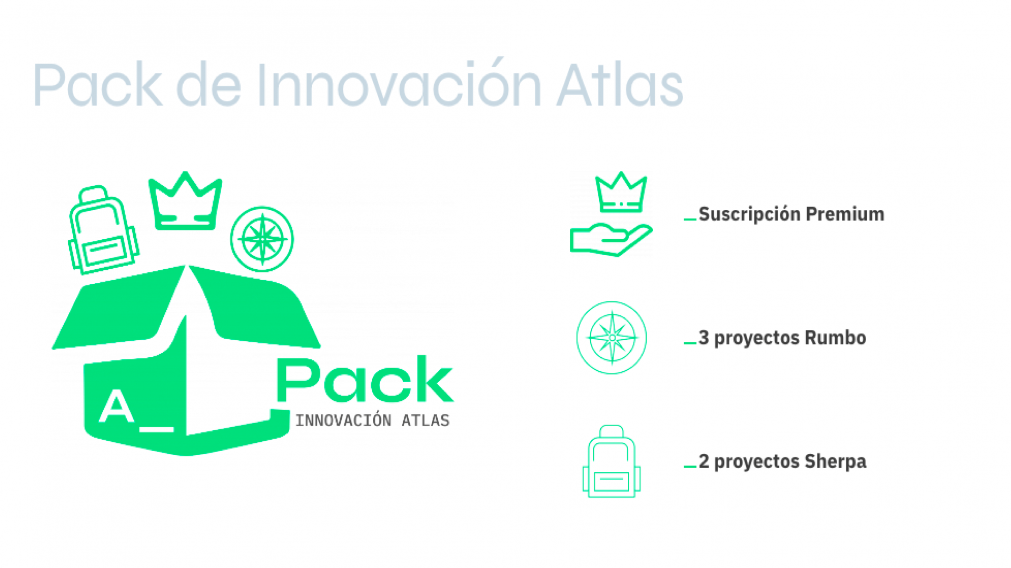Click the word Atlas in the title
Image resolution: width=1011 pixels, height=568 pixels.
tap(620, 85)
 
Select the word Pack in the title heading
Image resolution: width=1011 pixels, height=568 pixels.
tap(98, 85)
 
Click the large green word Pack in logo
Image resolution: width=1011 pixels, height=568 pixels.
tap(365, 379)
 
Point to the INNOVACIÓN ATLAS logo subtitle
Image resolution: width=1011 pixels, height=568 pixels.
tap(372, 420)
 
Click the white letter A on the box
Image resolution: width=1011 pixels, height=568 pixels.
tap(116, 406)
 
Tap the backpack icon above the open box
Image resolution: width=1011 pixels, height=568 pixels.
tap(103, 230)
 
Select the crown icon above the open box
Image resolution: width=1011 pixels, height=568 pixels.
tap(185, 201)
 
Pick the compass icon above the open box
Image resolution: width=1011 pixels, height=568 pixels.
tap(262, 239)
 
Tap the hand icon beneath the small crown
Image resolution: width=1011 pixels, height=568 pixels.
tap(611, 240)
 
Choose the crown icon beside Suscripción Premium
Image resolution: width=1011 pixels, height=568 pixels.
tap(621, 192)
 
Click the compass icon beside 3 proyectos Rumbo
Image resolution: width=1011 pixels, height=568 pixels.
tap(611, 338)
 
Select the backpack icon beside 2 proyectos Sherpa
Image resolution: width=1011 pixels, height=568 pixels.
tap(611, 461)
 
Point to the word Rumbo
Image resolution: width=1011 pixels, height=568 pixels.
tap(835, 338)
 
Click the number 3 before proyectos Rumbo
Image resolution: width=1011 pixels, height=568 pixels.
tap(704, 338)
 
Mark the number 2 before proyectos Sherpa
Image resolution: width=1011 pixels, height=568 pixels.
tap(704, 461)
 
